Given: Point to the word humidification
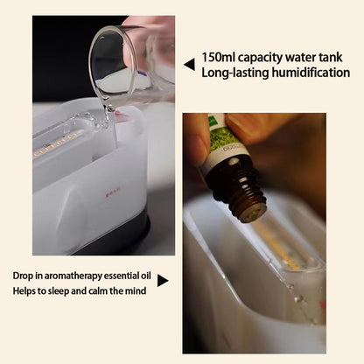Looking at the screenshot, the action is (311, 73).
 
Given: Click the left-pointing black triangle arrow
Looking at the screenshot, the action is (189, 65).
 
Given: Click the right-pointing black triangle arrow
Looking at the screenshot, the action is (163, 281).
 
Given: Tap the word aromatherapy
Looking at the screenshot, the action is (73, 276).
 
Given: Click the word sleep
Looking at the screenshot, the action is (59, 291).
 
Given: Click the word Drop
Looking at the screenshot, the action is (23, 276).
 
